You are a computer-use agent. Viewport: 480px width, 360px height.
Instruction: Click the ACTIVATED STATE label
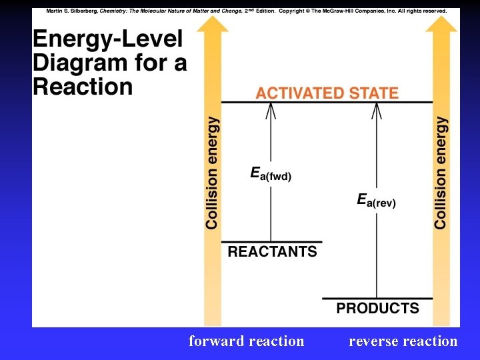(327, 93)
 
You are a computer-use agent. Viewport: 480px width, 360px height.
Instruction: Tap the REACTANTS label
(272, 252)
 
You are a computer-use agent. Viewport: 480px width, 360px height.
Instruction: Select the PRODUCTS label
(377, 308)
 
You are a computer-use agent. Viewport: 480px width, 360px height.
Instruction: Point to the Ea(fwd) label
(271, 174)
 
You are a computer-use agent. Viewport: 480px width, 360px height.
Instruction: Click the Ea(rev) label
(376, 200)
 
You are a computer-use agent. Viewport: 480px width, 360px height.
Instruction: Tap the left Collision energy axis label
(212, 173)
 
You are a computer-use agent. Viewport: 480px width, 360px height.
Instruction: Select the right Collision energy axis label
(441, 173)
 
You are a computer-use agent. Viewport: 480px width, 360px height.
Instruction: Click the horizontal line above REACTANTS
(271, 241)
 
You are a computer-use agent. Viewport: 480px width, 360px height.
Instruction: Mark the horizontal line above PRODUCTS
(377, 298)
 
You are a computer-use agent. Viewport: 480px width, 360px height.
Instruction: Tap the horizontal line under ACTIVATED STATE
(327, 102)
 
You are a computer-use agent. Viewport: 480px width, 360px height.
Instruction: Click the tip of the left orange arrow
(213, 18)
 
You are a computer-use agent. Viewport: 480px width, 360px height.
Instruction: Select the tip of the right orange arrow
(442, 18)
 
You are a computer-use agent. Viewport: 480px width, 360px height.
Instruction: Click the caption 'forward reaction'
(246, 341)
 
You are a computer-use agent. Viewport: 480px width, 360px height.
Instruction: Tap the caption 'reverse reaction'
(403, 341)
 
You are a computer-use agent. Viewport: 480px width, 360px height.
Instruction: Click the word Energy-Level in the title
(107, 39)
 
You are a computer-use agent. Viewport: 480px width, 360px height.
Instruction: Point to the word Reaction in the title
(83, 87)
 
